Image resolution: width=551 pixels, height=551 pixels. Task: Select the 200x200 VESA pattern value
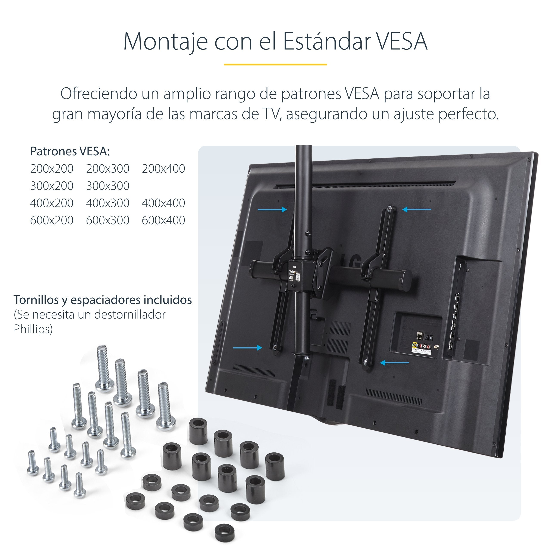pyautogui.click(x=52, y=169)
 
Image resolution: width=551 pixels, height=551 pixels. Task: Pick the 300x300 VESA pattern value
pyautogui.click(x=108, y=186)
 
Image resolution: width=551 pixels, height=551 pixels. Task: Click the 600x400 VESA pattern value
pyautogui.click(x=163, y=220)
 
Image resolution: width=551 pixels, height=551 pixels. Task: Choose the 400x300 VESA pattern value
pyautogui.click(x=108, y=203)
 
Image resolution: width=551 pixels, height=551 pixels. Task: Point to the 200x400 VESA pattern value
pyautogui.click(x=163, y=169)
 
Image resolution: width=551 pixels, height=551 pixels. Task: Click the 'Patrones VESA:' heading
pyautogui.click(x=70, y=152)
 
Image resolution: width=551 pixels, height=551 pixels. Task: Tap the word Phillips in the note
pyautogui.click(x=33, y=329)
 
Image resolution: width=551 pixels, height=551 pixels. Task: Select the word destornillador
pyautogui.click(x=130, y=315)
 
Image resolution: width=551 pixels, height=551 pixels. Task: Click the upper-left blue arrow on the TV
pyautogui.click(x=272, y=210)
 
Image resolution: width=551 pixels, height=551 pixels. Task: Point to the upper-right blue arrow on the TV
pyautogui.click(x=417, y=210)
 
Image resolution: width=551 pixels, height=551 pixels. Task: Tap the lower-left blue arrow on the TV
pyautogui.click(x=247, y=348)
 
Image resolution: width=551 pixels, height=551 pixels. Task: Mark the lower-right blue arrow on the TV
pyautogui.click(x=395, y=363)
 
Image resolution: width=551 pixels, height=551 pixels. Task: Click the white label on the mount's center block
pyautogui.click(x=295, y=275)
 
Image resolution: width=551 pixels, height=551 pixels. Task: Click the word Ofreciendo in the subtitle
pyautogui.click(x=99, y=94)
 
